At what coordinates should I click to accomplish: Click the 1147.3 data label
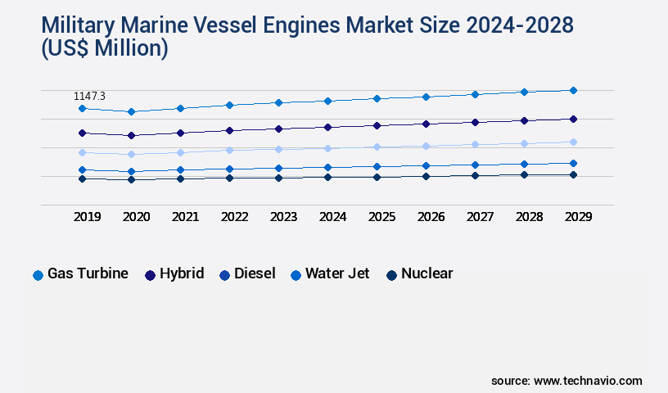tap(90, 97)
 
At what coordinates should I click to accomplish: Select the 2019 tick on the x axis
tap(88, 217)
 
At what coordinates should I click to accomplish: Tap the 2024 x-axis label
tap(333, 217)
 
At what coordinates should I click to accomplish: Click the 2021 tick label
tap(186, 217)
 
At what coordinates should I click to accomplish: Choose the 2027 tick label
tap(481, 217)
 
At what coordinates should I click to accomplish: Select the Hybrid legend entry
tap(174, 274)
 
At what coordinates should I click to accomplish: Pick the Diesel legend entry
tap(246, 274)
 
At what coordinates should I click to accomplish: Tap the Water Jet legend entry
tap(330, 274)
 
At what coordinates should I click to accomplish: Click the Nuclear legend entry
tap(419, 274)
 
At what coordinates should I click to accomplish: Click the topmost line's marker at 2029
tap(573, 90)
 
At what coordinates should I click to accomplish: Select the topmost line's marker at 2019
tap(82, 108)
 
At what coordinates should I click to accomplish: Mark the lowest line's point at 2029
tap(573, 174)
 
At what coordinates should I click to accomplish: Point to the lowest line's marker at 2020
tap(131, 179)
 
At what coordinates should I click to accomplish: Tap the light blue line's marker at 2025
tap(377, 147)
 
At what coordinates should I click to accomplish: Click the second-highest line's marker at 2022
tap(229, 130)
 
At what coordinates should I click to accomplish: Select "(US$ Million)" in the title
tap(104, 49)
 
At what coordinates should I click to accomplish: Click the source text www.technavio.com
tap(588, 381)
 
